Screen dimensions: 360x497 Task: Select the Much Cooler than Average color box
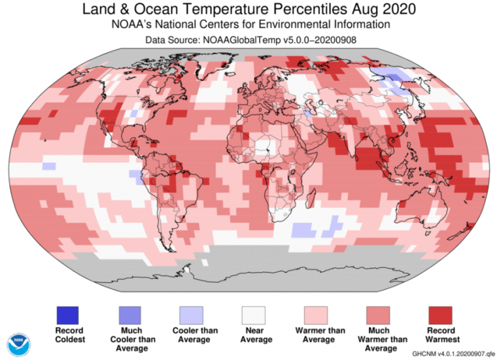tap(130, 316)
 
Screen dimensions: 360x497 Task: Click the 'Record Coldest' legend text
tap(67, 335)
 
